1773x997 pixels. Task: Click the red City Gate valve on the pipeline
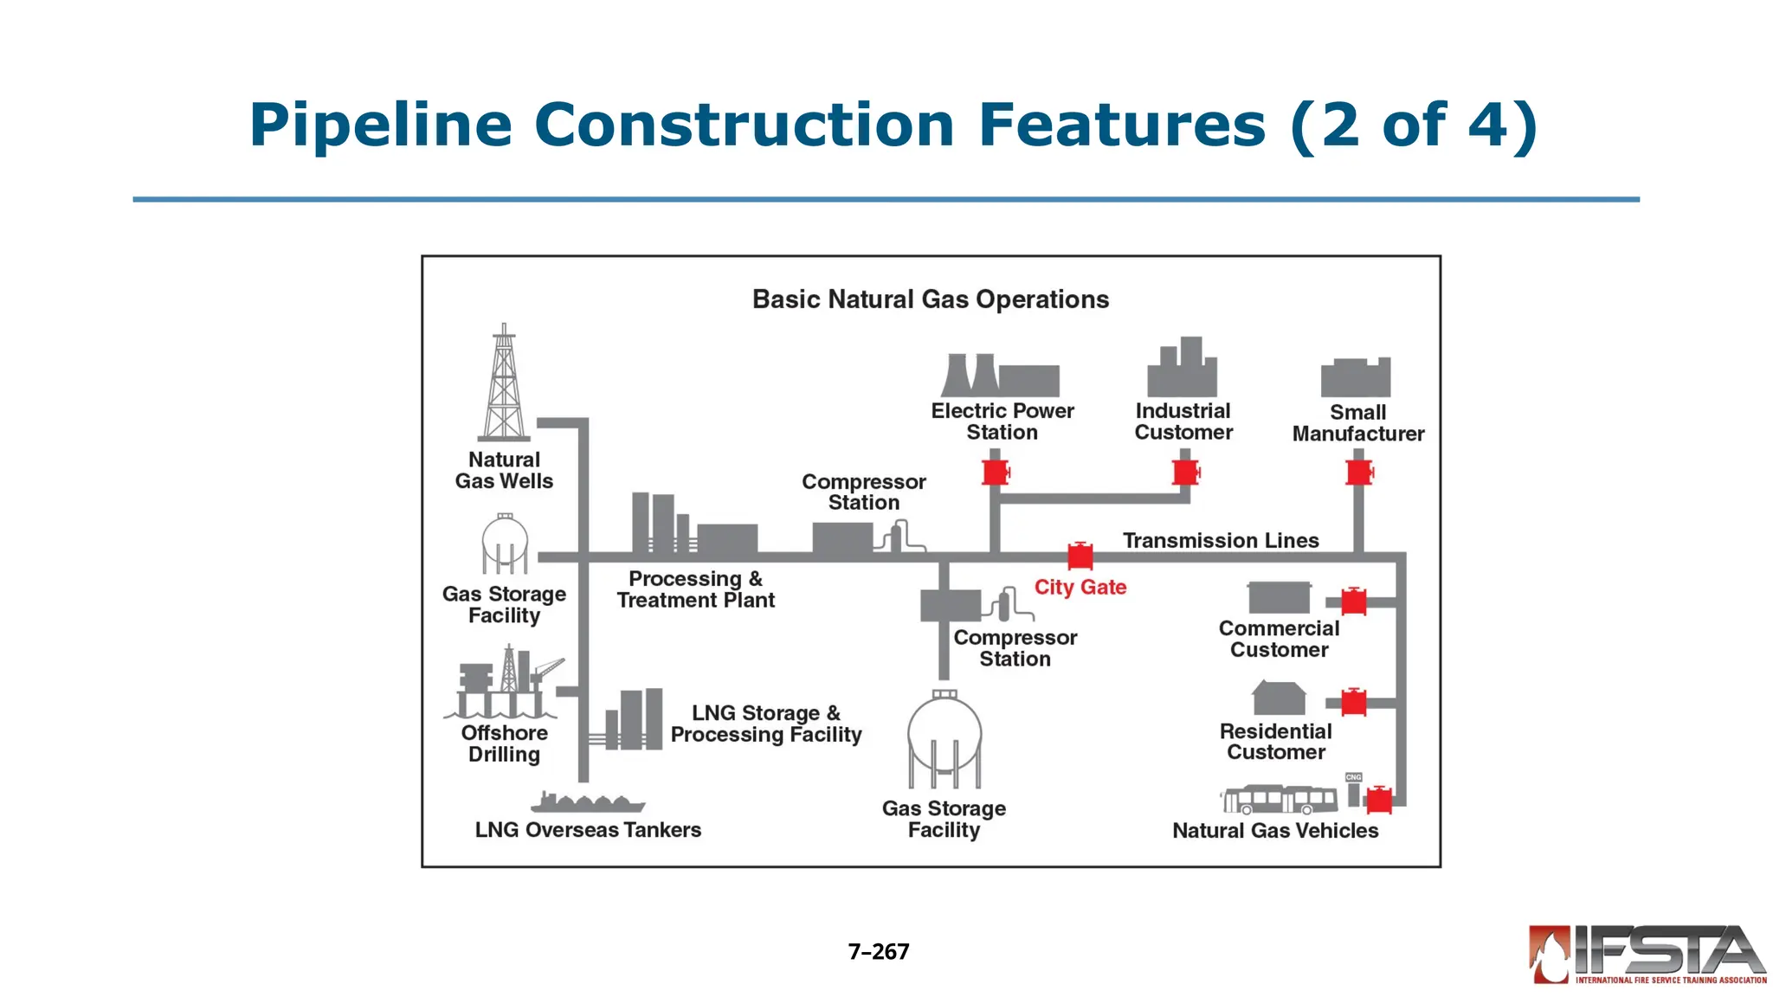click(x=1080, y=556)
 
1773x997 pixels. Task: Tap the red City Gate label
click(x=1080, y=588)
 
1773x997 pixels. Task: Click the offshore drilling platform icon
click(x=503, y=683)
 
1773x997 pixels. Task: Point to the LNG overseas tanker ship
click(x=588, y=802)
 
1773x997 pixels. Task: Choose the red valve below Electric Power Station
click(x=996, y=473)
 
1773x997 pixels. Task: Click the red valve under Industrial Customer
click(x=1185, y=473)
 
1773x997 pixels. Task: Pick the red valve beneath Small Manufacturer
click(x=1359, y=473)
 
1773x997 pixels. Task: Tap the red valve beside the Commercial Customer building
click(x=1354, y=601)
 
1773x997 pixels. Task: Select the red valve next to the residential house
click(x=1354, y=703)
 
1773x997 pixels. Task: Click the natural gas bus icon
click(x=1280, y=800)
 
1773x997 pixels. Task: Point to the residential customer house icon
click(x=1279, y=698)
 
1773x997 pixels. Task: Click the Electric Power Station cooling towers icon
click(x=1000, y=376)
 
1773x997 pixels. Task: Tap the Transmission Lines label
click(x=1221, y=541)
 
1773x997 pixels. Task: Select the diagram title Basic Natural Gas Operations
click(x=931, y=299)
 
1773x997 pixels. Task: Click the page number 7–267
click(x=879, y=952)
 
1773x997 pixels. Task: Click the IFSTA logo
click(x=1647, y=955)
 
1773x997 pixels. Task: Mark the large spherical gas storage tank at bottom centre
click(x=945, y=736)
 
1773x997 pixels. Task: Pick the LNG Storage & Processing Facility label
click(x=766, y=724)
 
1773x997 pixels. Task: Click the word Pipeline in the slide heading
click(x=381, y=125)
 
